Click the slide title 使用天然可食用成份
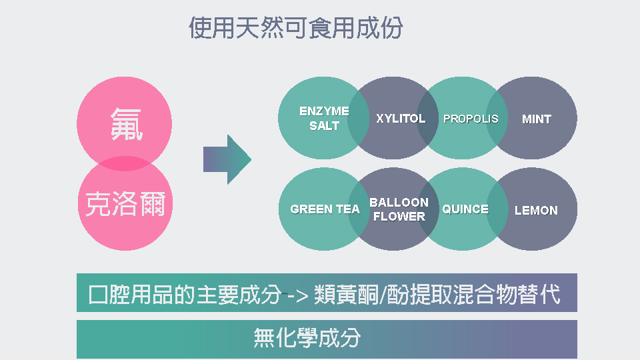[x=296, y=28]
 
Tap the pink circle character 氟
[x=126, y=124]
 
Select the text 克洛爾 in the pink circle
[x=125, y=203]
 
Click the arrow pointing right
[x=227, y=159]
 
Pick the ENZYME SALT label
[x=324, y=119]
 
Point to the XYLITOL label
[x=401, y=119]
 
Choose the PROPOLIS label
[x=471, y=119]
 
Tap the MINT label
[x=536, y=119]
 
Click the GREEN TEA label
[x=325, y=209]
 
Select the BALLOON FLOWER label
[x=399, y=209]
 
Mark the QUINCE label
[x=465, y=209]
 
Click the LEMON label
[x=536, y=210]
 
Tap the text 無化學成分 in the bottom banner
[x=307, y=338]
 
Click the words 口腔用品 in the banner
[x=131, y=294]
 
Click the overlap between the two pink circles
[x=125, y=163]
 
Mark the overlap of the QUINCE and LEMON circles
[x=497, y=209]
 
